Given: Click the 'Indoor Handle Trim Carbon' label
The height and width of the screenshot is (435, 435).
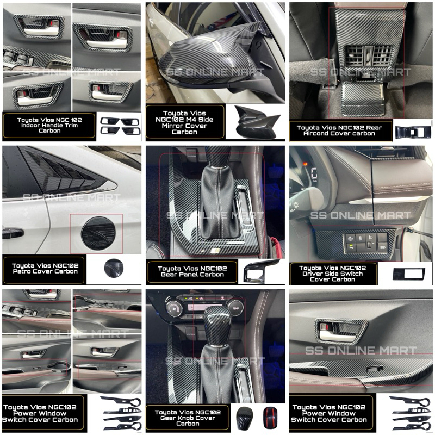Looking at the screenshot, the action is (49, 128).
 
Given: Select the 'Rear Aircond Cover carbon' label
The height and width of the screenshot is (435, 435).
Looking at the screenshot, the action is (339, 130).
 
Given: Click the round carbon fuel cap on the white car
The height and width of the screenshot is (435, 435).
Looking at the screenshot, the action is (98, 234).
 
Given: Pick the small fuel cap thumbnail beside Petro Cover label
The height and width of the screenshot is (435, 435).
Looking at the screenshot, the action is (114, 268).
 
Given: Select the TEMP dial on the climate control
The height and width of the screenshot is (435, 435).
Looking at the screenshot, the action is (235, 308).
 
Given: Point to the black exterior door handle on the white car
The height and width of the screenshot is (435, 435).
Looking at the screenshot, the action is (13, 234).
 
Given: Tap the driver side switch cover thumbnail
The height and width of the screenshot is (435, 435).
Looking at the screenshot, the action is (409, 274).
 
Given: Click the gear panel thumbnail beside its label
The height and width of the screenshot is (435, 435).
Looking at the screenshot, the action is (261, 271).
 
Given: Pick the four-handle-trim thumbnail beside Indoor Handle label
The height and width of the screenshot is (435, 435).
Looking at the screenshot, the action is (120, 126).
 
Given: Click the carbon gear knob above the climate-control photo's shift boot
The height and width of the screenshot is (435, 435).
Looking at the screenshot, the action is (219, 325).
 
